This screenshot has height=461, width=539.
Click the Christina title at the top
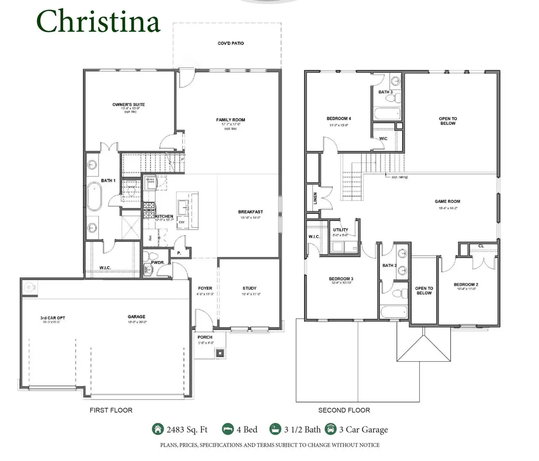[99, 21]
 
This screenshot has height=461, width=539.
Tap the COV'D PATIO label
[231, 43]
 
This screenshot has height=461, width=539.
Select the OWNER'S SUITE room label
[128, 104]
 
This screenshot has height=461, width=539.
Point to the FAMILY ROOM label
[230, 120]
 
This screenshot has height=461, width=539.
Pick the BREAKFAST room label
[250, 212]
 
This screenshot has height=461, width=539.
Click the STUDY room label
[249, 288]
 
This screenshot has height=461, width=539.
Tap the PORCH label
[205, 337]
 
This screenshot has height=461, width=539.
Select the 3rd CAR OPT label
[53, 318]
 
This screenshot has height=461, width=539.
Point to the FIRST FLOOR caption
[111, 410]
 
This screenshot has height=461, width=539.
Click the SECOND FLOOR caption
[344, 410]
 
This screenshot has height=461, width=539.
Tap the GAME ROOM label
[447, 202]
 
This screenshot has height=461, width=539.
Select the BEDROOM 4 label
[339, 119]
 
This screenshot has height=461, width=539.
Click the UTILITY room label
[340, 230]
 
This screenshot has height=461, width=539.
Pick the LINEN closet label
[315, 199]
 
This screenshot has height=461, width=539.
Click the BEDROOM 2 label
[466, 285]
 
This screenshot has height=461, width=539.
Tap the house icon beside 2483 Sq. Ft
[157, 429]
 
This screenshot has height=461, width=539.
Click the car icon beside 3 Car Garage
[331, 429]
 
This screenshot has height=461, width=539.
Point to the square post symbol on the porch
[220, 353]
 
